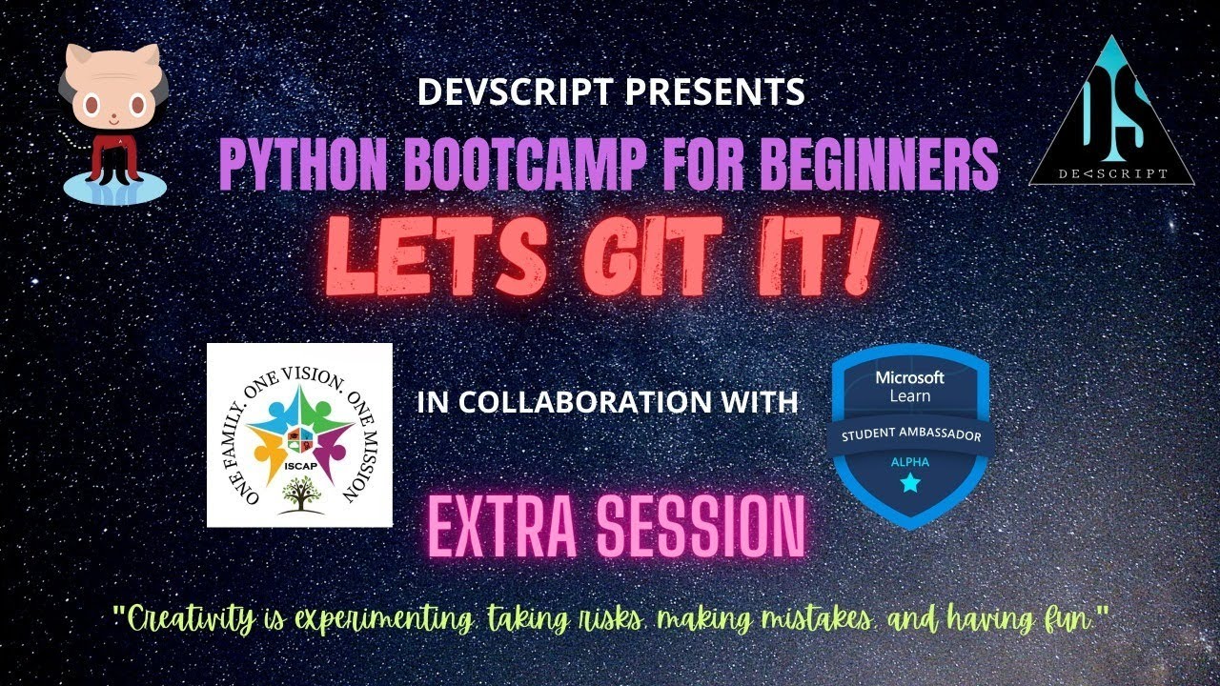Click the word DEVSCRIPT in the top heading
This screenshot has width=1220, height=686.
coord(515,91)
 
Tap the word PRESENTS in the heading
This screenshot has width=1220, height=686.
coord(715,91)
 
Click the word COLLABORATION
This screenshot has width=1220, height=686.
coord(585,401)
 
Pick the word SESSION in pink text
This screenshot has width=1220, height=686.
coord(701,525)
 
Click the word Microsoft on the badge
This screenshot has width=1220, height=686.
coord(910,377)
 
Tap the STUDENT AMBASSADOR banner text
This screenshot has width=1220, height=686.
coord(911,434)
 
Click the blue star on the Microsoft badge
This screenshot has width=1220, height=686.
coord(910,483)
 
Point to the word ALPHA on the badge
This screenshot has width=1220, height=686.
coord(910,462)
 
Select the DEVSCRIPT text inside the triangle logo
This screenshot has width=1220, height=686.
coord(1112,174)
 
